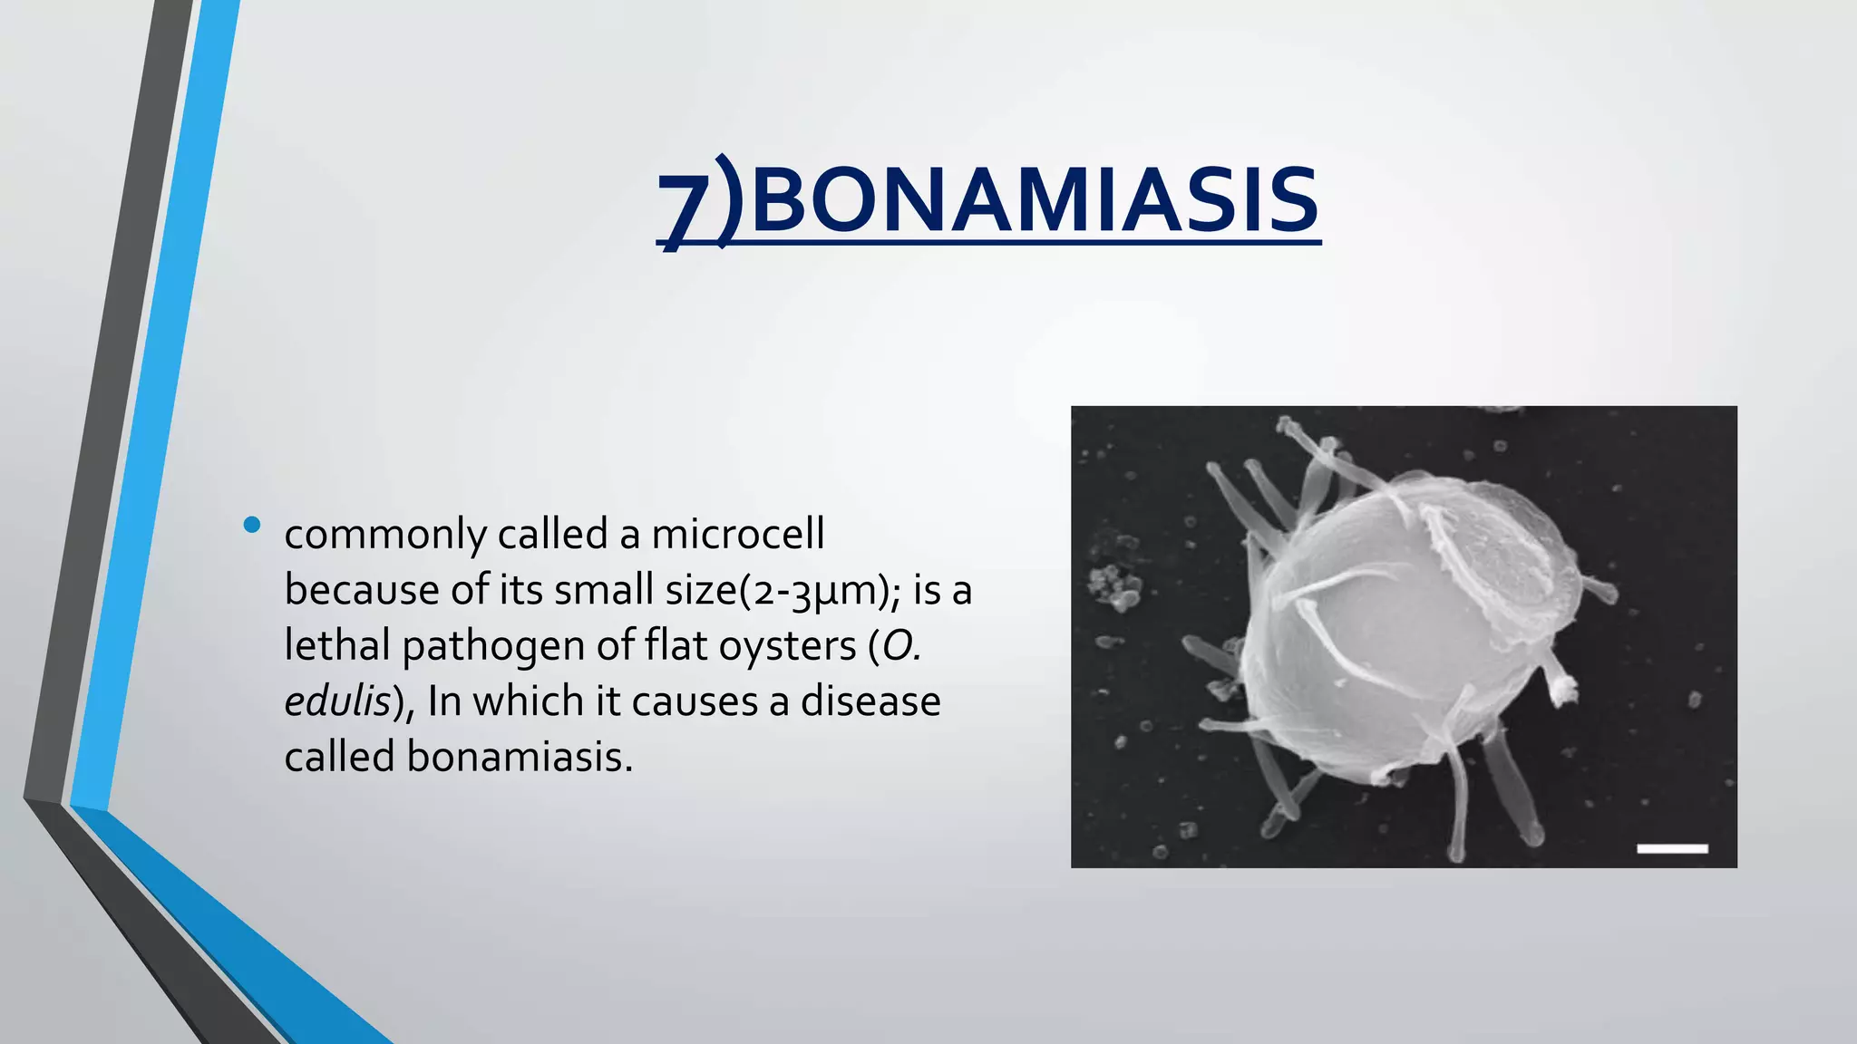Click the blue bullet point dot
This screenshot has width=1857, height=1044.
(x=252, y=525)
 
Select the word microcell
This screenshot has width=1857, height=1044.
(x=738, y=534)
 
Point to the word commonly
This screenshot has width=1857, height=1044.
(x=384, y=536)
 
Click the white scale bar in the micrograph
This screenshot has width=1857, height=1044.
(x=1672, y=848)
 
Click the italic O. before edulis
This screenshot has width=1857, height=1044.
(x=901, y=645)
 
